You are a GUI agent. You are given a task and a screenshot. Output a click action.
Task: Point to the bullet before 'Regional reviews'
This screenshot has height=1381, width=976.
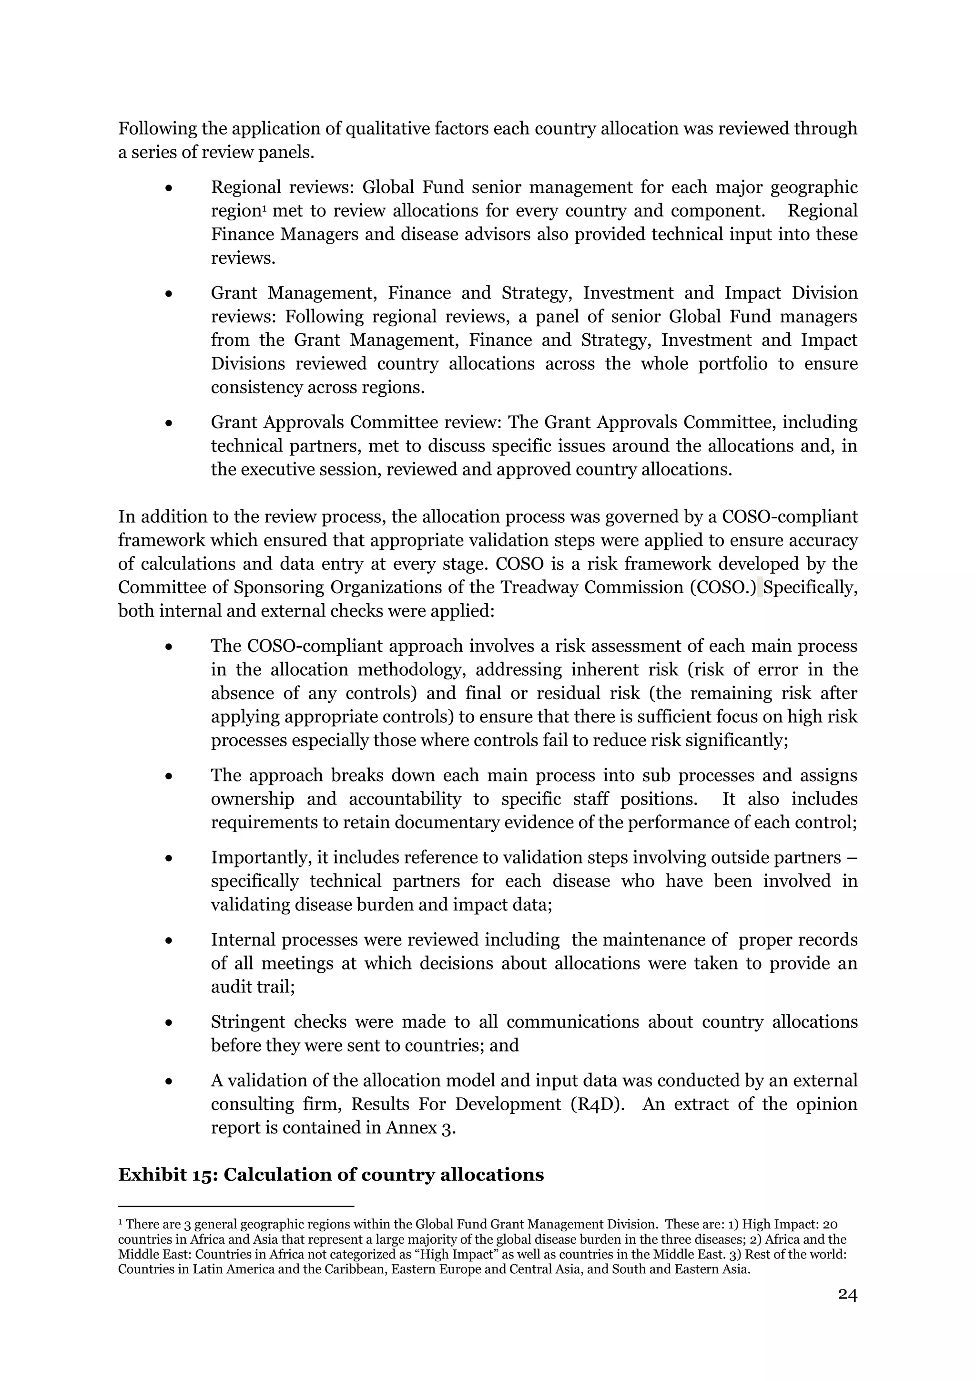pyautogui.click(x=170, y=188)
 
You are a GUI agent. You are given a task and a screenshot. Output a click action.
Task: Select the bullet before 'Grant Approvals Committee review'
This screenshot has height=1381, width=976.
pyautogui.click(x=170, y=423)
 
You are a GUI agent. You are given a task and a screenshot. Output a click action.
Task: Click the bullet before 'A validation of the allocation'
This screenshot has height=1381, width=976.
pyautogui.click(x=170, y=1082)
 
